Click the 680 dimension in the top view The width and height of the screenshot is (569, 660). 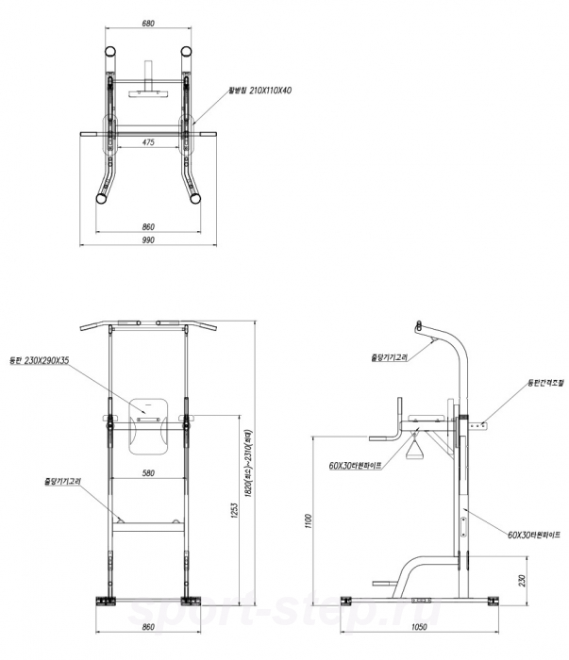(x=148, y=25)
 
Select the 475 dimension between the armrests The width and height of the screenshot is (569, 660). (x=148, y=141)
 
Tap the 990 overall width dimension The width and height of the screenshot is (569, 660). (x=148, y=240)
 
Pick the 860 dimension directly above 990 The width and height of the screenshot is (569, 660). (x=148, y=227)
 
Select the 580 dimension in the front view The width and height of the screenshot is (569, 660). (x=149, y=473)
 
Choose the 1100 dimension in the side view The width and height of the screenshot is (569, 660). (x=307, y=520)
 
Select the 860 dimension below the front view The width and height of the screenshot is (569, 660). (x=147, y=627)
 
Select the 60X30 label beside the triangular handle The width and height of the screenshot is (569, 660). (x=355, y=466)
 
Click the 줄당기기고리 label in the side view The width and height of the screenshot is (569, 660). (x=389, y=357)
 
